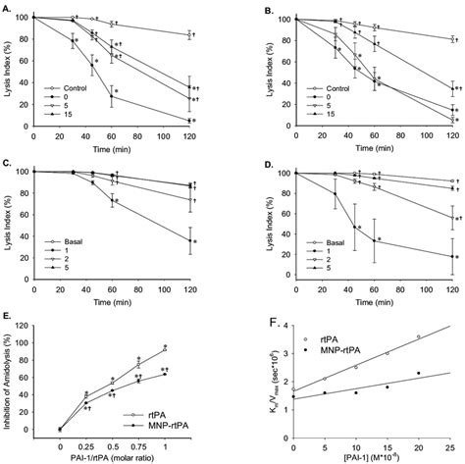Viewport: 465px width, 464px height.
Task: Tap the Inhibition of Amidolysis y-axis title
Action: coord(11,378)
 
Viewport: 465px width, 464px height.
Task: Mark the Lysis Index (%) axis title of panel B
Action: coord(243,70)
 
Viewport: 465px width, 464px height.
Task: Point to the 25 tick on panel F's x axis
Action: coord(449,438)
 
